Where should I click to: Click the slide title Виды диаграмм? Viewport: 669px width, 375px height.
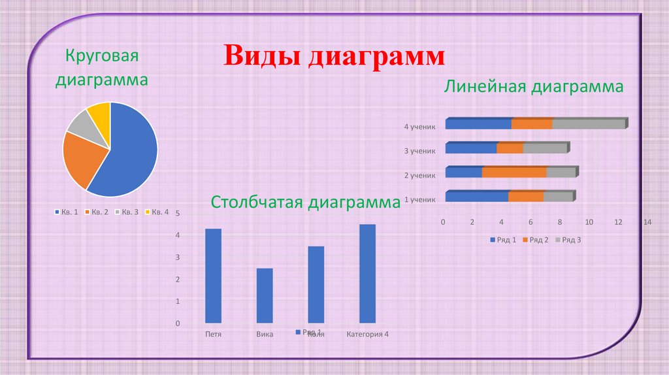(x=334, y=57)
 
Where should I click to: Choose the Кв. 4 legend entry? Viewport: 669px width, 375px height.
(x=156, y=212)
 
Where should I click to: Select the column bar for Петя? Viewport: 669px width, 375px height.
(x=213, y=275)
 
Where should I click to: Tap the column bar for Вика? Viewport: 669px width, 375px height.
(x=265, y=295)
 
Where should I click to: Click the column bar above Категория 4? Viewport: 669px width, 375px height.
(x=367, y=273)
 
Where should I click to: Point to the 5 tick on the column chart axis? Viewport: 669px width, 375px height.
(x=178, y=214)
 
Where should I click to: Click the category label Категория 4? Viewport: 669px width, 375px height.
(x=367, y=334)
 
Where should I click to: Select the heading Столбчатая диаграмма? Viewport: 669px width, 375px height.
(x=305, y=203)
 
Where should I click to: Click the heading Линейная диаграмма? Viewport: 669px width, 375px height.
(x=534, y=87)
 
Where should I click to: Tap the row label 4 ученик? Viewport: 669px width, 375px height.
(x=419, y=126)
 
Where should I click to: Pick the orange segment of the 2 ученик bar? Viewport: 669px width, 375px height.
(x=514, y=172)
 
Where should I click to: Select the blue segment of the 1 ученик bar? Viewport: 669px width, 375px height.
(x=477, y=196)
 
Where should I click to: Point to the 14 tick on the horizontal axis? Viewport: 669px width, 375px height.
(x=647, y=222)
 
